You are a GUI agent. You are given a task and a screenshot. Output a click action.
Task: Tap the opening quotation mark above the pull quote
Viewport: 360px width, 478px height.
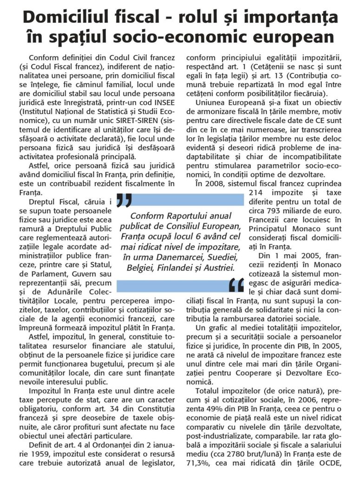tap(124, 200)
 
